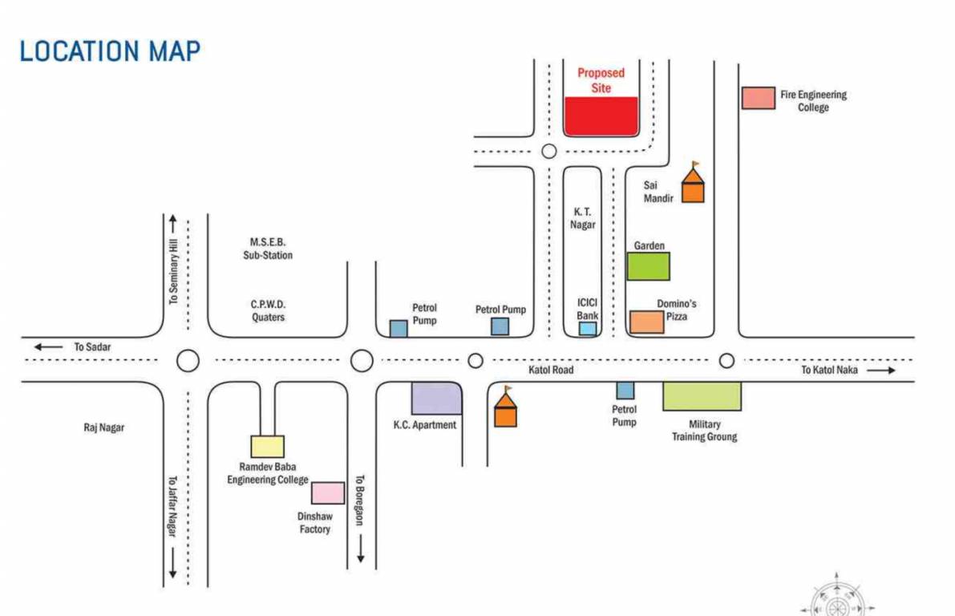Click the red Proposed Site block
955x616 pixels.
[x=601, y=116]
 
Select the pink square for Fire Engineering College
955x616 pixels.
[x=758, y=98]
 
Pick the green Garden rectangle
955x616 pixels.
[x=648, y=265]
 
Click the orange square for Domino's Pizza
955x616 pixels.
[x=646, y=322]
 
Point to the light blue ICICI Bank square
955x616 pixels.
[x=588, y=328]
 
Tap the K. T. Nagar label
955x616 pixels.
[x=584, y=218]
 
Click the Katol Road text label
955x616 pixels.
[x=551, y=370]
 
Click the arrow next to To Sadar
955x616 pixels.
[x=48, y=346]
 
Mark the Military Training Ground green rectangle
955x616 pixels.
[x=702, y=396]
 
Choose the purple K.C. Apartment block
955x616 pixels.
[x=436, y=398]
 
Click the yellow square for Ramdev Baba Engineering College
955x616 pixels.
[x=267, y=446]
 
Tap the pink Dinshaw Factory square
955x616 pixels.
[x=327, y=492]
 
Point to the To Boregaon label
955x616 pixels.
[x=360, y=499]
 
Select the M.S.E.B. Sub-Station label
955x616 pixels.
[x=268, y=249]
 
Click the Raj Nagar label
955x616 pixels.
[x=104, y=428]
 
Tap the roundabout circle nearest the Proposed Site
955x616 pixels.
[x=548, y=151]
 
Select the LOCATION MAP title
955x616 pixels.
[x=110, y=51]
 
